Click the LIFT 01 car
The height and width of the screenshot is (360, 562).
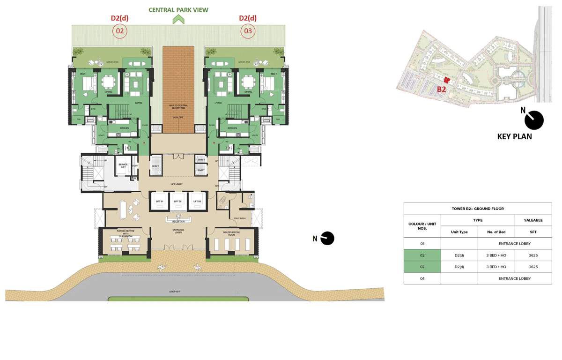[159, 202]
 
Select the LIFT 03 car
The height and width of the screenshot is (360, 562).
[197, 202]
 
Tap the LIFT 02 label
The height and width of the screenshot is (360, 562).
[177, 202]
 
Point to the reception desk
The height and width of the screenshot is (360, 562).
[178, 220]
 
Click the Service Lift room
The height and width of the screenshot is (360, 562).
[123, 166]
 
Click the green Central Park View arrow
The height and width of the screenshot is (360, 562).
[178, 19]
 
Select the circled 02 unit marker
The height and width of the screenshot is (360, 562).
[119, 31]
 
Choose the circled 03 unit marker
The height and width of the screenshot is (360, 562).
[248, 31]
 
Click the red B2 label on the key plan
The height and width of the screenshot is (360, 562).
[441, 89]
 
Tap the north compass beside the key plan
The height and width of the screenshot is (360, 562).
[533, 120]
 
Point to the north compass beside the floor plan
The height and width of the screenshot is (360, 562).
[327, 238]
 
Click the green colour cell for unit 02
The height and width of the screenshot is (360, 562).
[422, 255]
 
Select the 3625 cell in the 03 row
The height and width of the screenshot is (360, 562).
[533, 267]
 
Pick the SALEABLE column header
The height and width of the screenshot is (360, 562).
[533, 220]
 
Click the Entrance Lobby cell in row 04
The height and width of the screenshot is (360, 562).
[514, 278]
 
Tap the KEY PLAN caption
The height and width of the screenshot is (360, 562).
[514, 137]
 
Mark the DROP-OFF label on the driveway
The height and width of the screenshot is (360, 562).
[175, 292]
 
